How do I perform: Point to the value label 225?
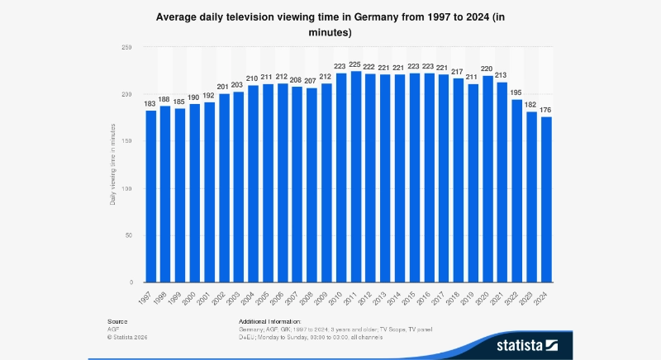(356, 64)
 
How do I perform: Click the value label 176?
(547, 110)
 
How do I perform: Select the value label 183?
(151, 103)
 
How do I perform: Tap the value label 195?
(518, 92)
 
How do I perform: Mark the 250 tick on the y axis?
(126, 48)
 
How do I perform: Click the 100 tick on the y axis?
(126, 188)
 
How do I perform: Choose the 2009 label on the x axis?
(325, 297)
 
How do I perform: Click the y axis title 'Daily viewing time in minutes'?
(112, 165)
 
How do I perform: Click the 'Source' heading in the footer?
(117, 320)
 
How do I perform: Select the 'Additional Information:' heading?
(270, 320)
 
